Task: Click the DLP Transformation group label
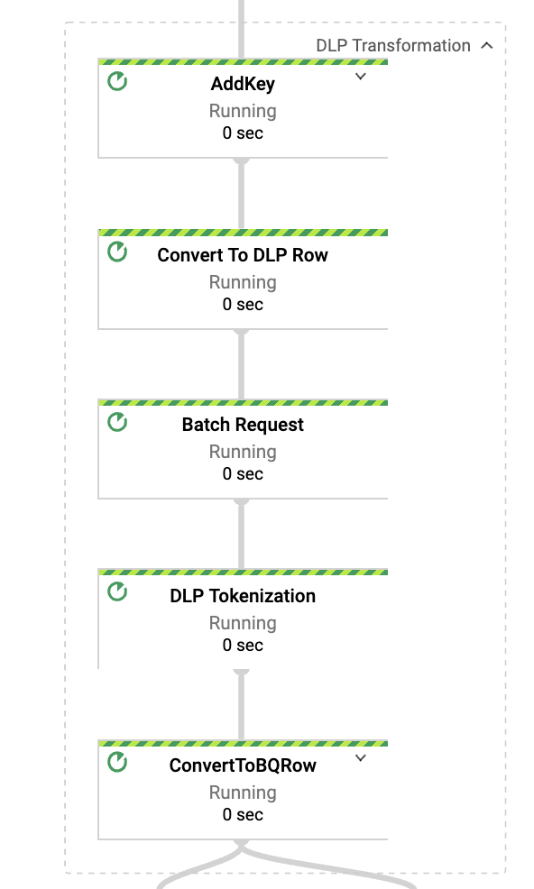(x=392, y=45)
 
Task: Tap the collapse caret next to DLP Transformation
(x=487, y=45)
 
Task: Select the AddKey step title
(x=243, y=85)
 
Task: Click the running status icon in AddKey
(x=117, y=81)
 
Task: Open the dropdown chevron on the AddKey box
(x=361, y=78)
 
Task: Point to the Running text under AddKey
(x=243, y=111)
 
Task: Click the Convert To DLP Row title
(x=243, y=255)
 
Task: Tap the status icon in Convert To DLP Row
(x=117, y=252)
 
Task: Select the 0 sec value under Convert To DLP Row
(x=243, y=305)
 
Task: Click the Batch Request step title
(x=243, y=425)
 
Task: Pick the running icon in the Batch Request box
(x=117, y=422)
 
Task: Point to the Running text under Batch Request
(x=243, y=452)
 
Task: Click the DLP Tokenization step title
(x=243, y=596)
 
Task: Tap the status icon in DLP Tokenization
(x=117, y=592)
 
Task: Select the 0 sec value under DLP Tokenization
(x=243, y=646)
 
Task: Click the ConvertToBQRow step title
(x=243, y=765)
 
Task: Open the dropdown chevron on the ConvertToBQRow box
(x=361, y=758)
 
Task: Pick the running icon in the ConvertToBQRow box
(x=117, y=763)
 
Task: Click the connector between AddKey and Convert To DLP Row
(x=241, y=194)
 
